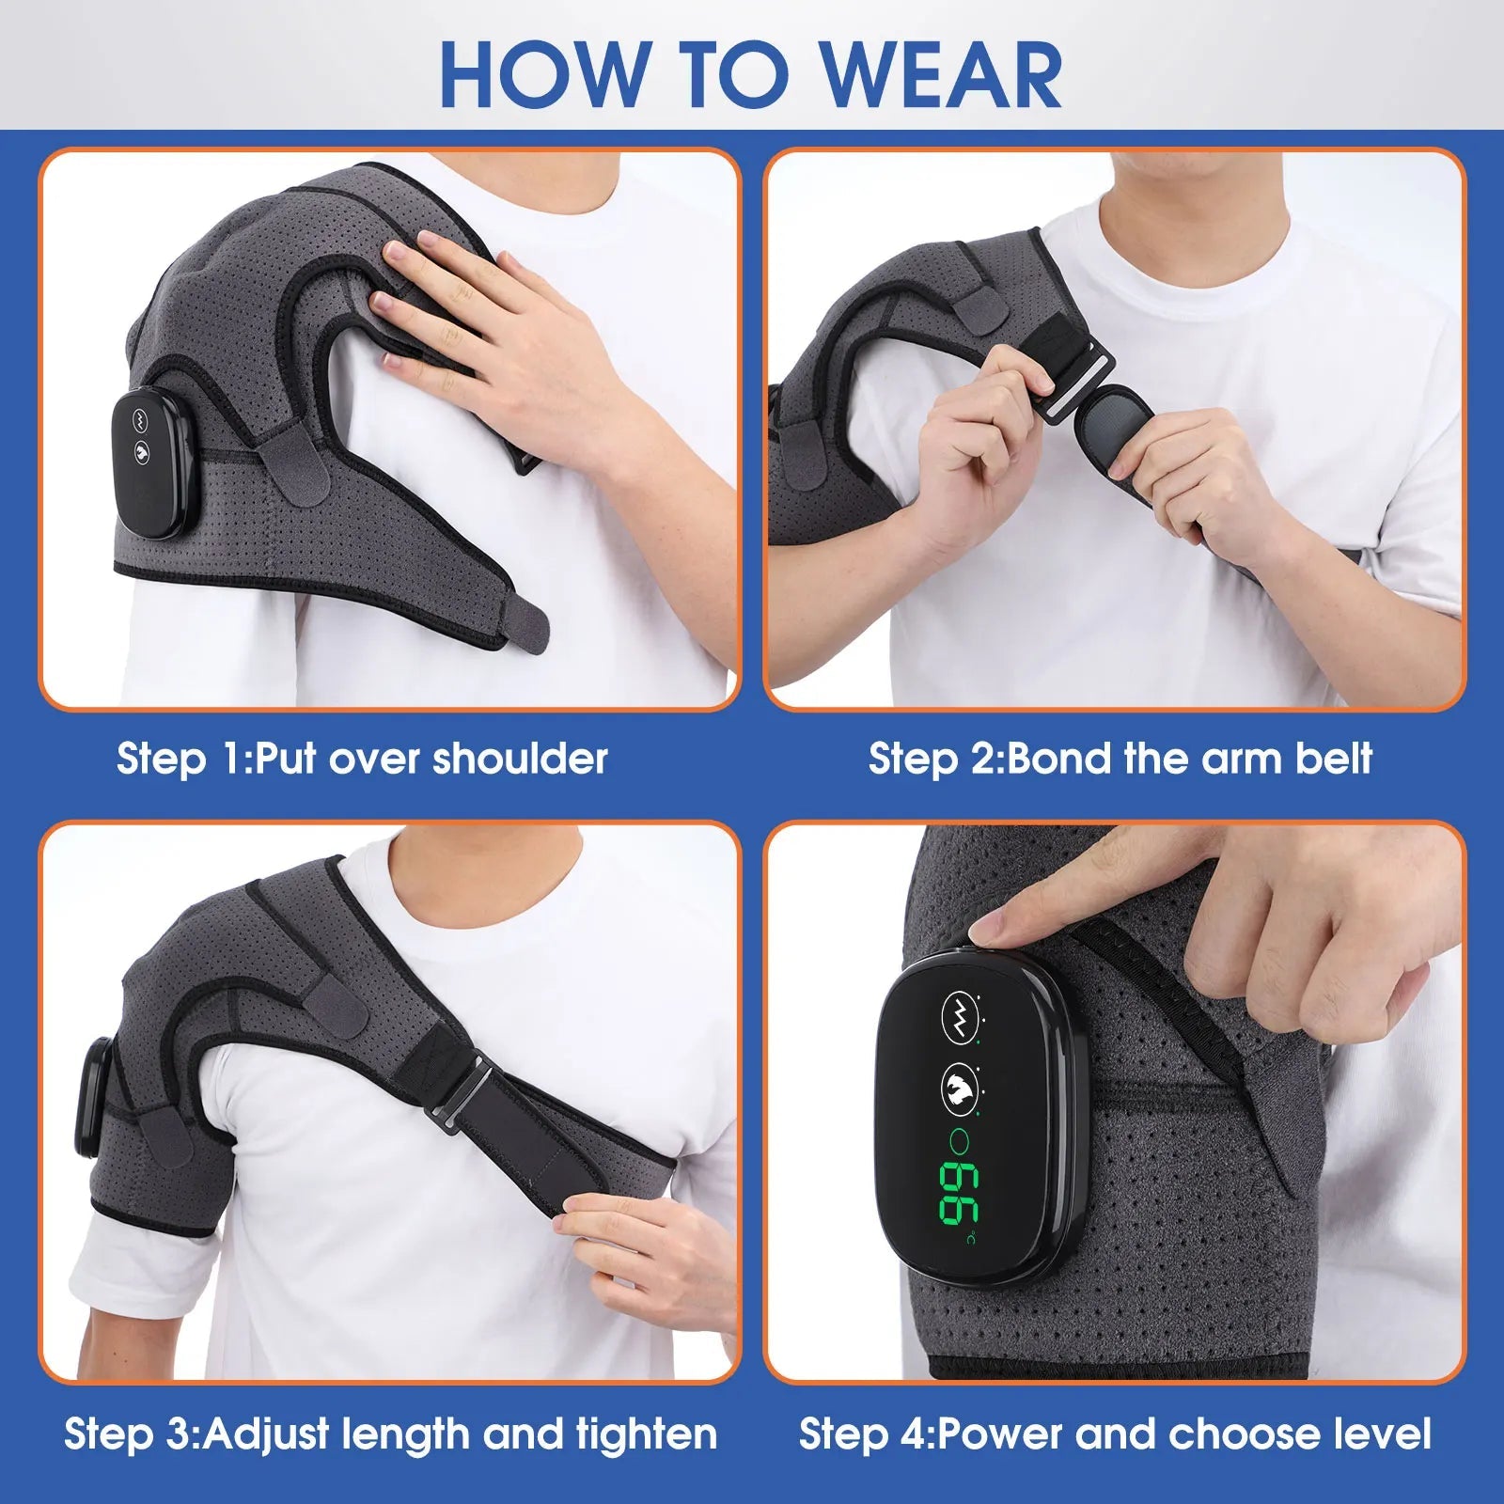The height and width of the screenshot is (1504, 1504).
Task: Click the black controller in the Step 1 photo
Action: click(x=160, y=466)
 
